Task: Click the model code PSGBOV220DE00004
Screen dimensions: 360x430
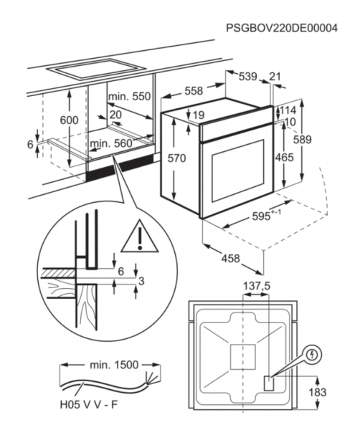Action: coord(282,28)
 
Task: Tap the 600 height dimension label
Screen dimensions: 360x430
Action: coord(69,120)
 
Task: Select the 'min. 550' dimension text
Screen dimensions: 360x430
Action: coord(130,97)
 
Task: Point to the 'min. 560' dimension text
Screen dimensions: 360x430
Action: coord(111,143)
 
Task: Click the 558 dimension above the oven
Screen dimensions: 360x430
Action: coord(194,91)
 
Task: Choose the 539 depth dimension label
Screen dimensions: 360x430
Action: coord(248,77)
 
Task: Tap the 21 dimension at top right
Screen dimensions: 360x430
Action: coord(275,77)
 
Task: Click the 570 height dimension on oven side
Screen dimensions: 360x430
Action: coord(176,158)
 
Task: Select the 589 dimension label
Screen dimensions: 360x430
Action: coord(303,140)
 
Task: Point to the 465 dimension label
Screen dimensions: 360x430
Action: coord(285,158)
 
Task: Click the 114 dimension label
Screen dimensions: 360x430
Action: coord(288,110)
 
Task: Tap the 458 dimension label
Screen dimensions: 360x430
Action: coord(230,258)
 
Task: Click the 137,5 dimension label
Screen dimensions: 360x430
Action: coord(257,286)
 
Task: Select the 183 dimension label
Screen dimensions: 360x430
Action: coord(318,393)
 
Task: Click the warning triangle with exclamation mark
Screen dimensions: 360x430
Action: coord(141,237)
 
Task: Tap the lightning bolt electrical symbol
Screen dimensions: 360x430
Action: coord(313,355)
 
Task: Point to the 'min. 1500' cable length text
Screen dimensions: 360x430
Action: coord(114,365)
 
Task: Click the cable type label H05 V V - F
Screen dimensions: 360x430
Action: coord(89,405)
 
